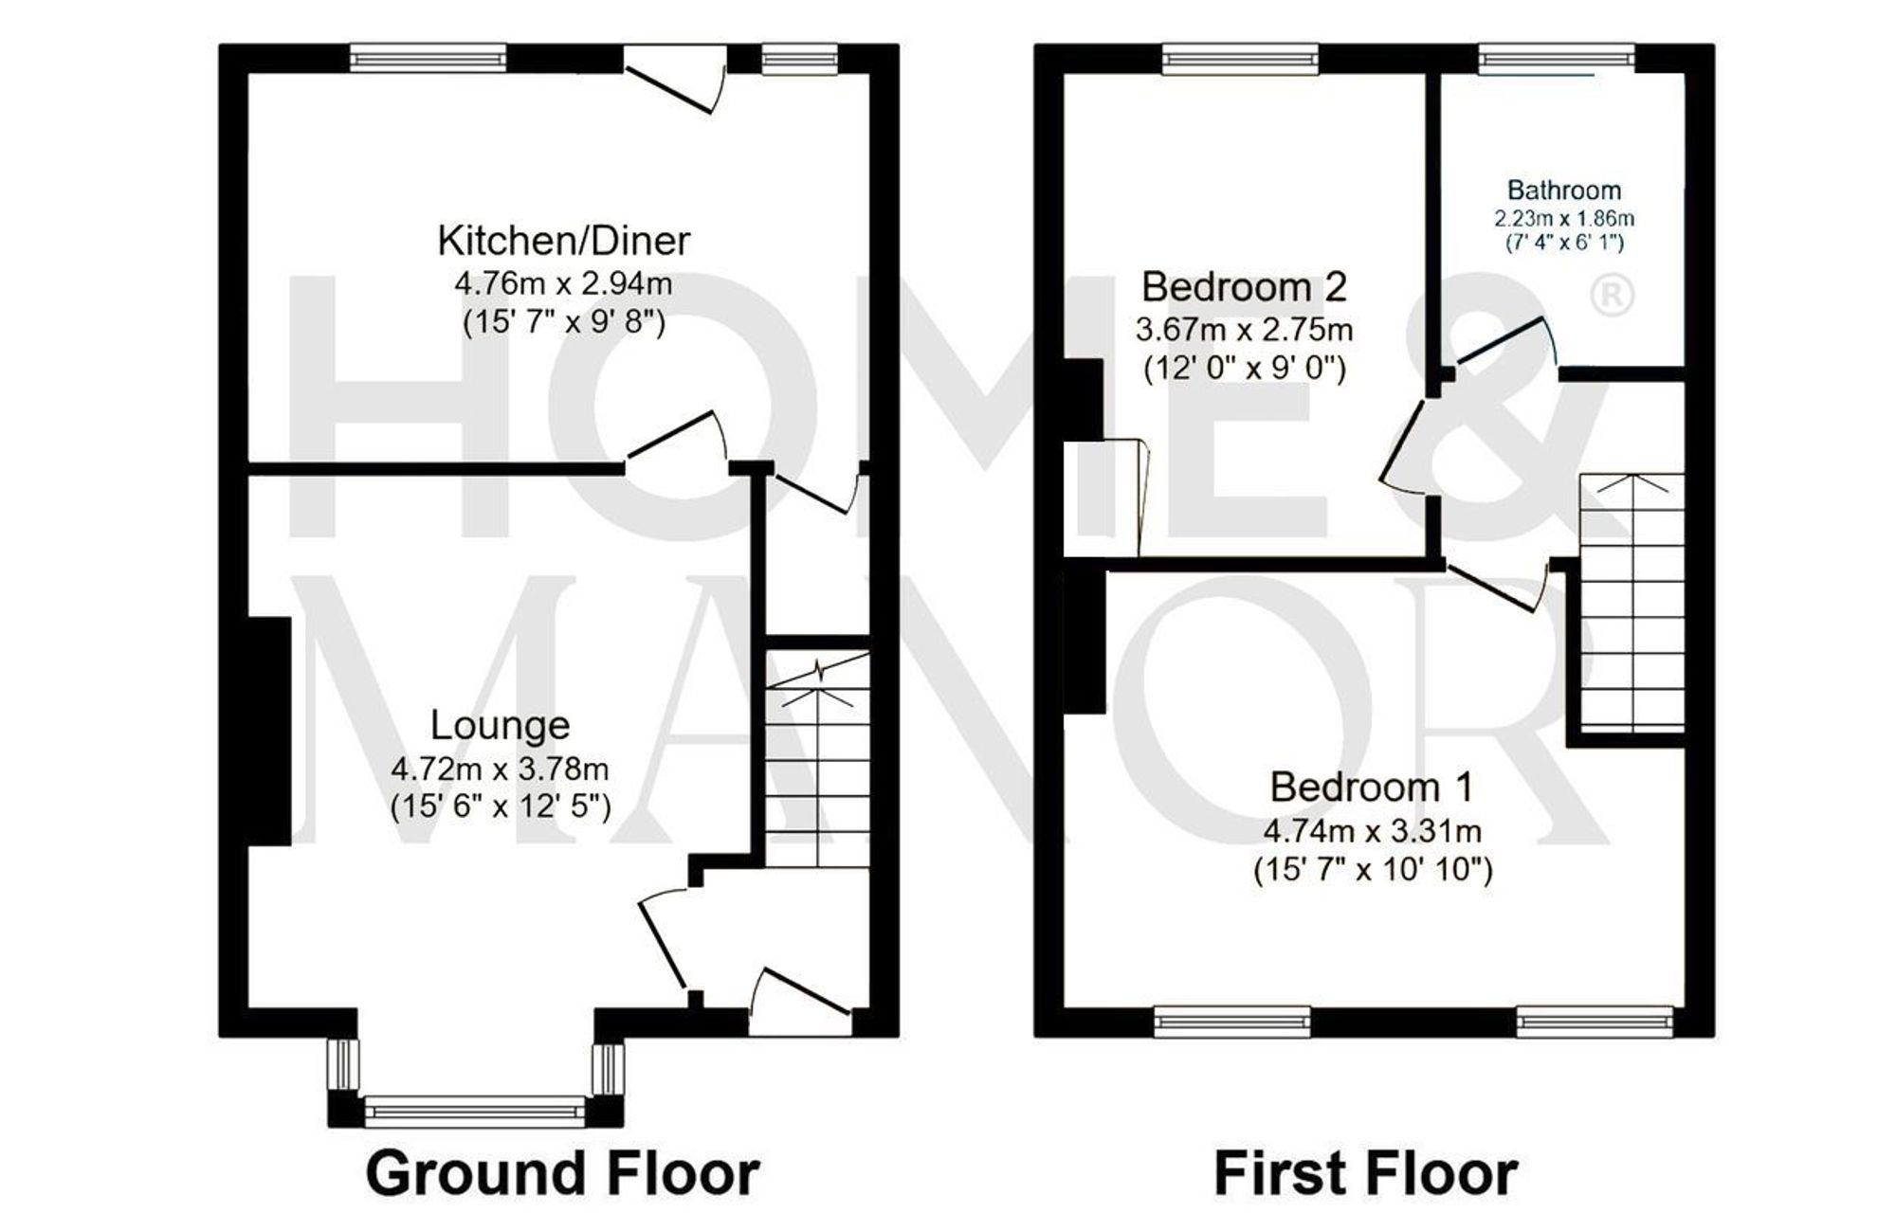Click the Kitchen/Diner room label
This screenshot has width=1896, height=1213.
click(563, 241)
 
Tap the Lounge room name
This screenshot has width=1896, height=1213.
click(500, 725)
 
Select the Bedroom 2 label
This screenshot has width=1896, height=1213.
click(1244, 285)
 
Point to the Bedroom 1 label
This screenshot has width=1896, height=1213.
click(1371, 787)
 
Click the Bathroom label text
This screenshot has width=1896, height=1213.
click(1564, 190)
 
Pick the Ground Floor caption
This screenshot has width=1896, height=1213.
click(562, 1173)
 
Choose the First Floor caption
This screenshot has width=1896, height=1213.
click(1365, 1173)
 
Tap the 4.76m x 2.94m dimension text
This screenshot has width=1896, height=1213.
click(563, 282)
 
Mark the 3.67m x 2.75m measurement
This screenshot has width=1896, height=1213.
click(1244, 330)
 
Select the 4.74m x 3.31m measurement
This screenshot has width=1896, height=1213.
click(1372, 831)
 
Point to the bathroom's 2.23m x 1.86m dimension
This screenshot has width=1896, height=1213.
click(1564, 218)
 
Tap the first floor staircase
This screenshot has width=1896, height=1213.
click(1631, 606)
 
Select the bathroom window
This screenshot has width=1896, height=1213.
click(1556, 59)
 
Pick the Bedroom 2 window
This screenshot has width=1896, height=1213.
click(1240, 59)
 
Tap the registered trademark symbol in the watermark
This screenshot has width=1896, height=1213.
click(1610, 296)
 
